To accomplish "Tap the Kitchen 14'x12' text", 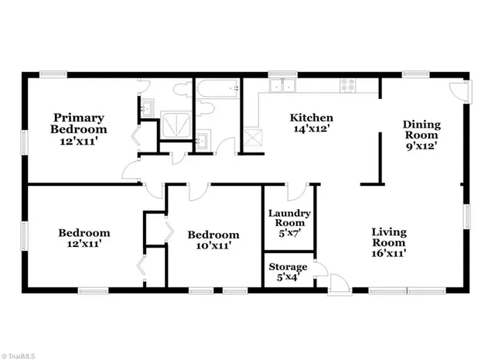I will coord(312,124).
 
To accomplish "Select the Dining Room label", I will coord(422,137).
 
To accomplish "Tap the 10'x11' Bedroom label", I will coord(205,240).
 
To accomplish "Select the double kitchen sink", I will coord(288,86).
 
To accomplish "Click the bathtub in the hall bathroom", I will coord(218,93).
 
